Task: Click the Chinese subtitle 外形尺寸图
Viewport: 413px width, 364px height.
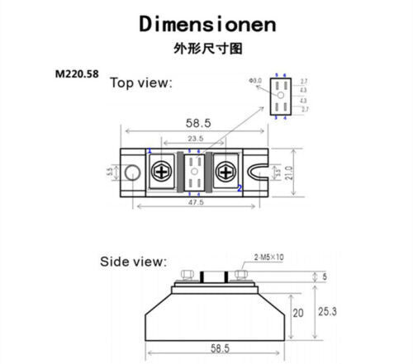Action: click(x=206, y=49)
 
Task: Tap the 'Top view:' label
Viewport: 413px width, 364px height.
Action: click(x=141, y=83)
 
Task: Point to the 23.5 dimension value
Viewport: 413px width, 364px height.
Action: click(x=195, y=139)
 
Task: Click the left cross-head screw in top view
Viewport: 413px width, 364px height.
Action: click(x=162, y=172)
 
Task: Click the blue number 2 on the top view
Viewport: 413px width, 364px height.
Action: click(x=240, y=188)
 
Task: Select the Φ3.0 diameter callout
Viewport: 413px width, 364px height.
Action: click(x=255, y=80)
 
